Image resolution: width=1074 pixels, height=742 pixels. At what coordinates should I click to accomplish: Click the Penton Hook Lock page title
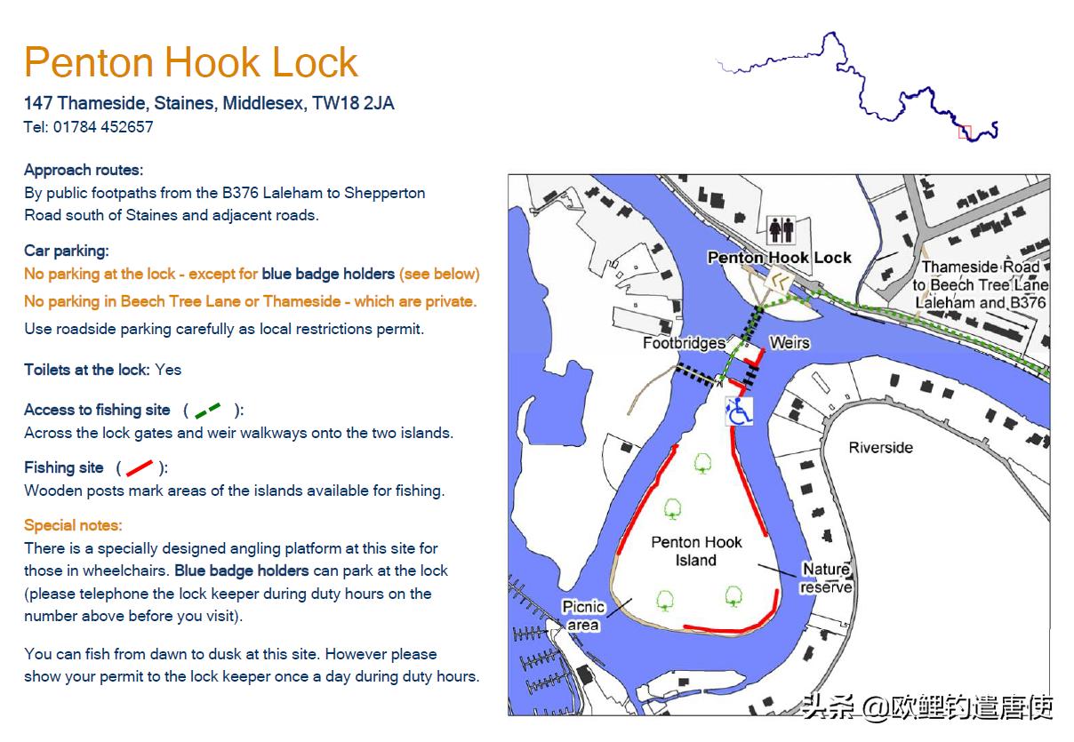tap(191, 62)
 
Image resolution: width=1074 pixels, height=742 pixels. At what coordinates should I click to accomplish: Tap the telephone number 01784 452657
tap(103, 127)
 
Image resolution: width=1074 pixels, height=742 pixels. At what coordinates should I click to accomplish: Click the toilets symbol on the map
tap(782, 230)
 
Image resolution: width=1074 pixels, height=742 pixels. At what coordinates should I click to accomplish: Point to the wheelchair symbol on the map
tap(738, 411)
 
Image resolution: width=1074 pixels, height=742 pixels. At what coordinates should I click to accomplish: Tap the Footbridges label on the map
tap(684, 343)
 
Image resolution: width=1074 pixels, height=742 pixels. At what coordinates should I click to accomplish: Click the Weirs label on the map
tap(789, 343)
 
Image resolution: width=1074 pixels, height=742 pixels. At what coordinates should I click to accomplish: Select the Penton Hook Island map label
tap(696, 551)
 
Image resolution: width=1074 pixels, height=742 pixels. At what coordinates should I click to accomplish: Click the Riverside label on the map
tap(881, 448)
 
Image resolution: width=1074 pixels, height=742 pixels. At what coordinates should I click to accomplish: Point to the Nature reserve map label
tap(826, 578)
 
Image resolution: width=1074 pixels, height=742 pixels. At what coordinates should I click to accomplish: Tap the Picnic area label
tap(583, 616)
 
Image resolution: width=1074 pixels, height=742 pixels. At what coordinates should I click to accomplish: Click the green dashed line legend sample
tap(208, 411)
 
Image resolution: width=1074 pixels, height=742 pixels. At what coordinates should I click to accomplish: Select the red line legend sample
tap(140, 468)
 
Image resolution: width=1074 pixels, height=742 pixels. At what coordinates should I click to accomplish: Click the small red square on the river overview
tap(965, 132)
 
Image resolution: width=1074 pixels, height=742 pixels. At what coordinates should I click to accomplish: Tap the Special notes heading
tap(73, 525)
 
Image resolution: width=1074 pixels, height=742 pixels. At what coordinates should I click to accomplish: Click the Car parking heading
tap(67, 251)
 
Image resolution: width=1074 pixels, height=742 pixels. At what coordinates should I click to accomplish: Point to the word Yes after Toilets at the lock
tap(168, 370)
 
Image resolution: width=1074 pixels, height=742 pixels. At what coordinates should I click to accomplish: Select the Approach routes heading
tap(84, 170)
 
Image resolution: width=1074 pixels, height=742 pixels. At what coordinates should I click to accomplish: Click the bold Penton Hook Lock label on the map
tap(779, 258)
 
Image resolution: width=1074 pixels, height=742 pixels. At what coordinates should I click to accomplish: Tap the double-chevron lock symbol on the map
tap(779, 282)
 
